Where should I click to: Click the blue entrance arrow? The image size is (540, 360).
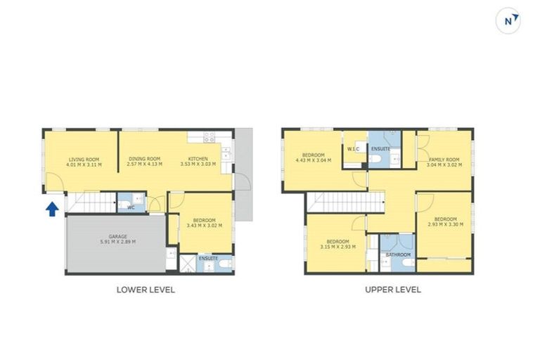pos(52,210)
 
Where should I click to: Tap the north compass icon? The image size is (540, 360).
pos(508,21)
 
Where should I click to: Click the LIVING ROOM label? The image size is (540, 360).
pos(84,160)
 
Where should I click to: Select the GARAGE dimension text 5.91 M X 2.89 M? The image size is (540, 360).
pos(117,242)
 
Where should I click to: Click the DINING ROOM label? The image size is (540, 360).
pos(145,160)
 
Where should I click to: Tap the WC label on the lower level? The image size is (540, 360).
pos(131,207)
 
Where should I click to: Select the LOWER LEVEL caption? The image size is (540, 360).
pos(146,289)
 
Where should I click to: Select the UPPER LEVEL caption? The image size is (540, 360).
pos(393,289)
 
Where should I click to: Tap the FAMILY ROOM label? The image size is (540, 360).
pos(444,160)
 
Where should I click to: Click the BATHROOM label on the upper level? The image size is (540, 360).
pos(398,255)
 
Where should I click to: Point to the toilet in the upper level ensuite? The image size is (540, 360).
pos(375,161)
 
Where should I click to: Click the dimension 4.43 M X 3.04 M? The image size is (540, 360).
pos(313,160)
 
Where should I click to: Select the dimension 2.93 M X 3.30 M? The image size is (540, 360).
pos(445,223)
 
